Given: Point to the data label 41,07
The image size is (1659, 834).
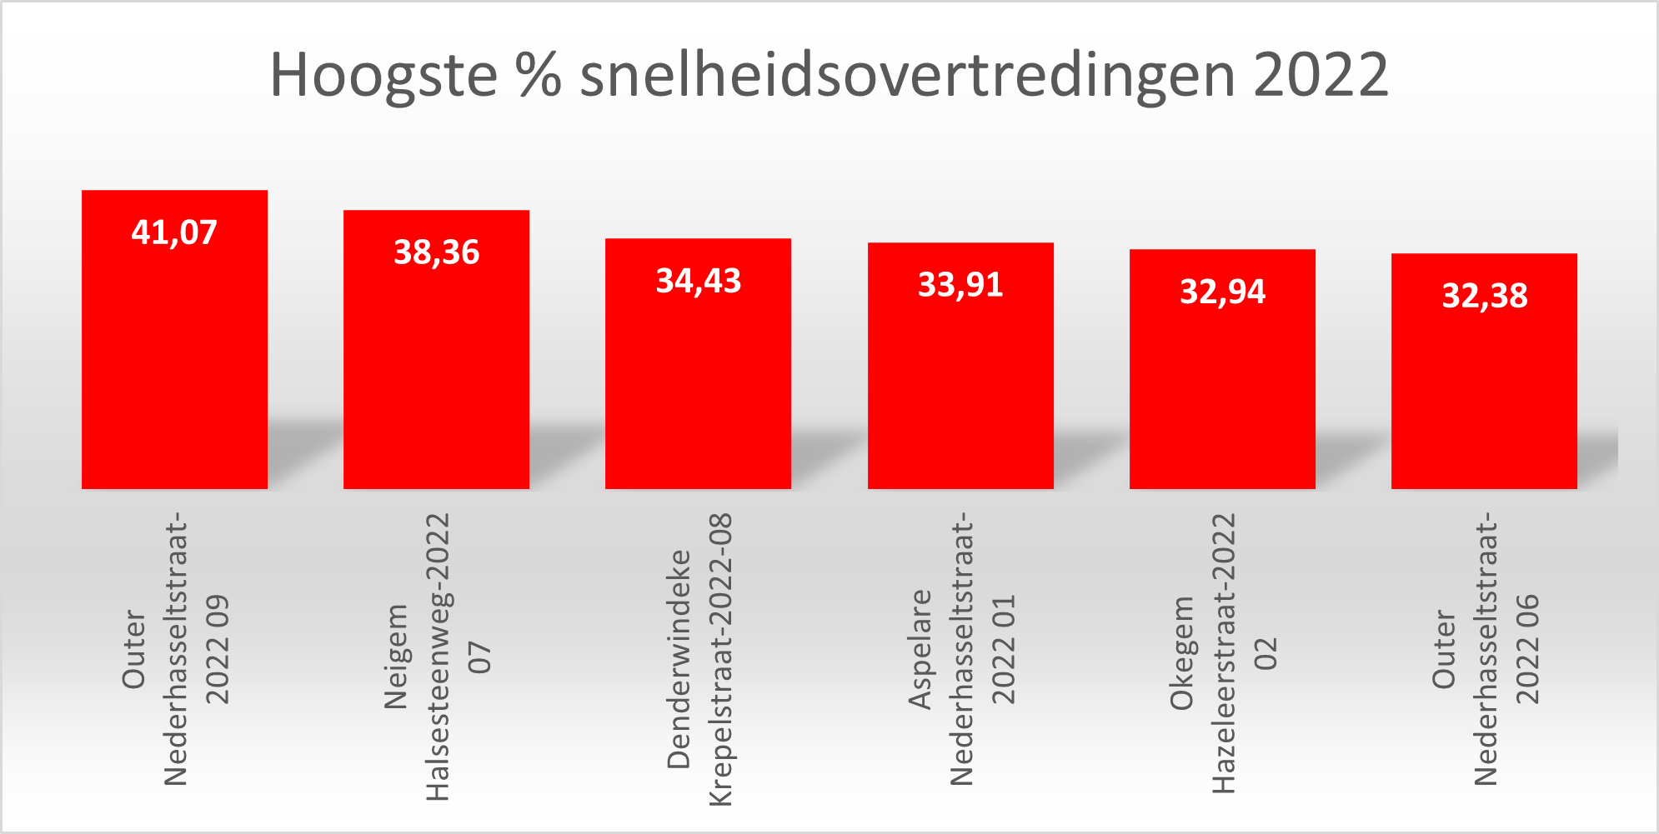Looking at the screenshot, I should (x=174, y=232).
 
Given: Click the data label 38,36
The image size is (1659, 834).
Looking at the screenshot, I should (x=436, y=252).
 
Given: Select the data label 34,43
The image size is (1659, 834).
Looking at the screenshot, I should (x=698, y=281).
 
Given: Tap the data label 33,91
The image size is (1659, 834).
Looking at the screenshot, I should (x=960, y=285).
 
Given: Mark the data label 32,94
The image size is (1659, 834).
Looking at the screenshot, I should (x=1222, y=292).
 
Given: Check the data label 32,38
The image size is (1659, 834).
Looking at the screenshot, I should (x=1484, y=296).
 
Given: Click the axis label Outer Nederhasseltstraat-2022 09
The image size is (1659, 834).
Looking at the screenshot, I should (x=175, y=650).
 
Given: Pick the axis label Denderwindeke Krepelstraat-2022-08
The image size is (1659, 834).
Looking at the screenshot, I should (x=699, y=658).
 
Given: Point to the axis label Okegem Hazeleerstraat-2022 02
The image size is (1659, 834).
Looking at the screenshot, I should (x=1223, y=654).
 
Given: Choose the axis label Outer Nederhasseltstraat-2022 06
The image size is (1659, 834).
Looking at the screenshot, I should (x=1485, y=650).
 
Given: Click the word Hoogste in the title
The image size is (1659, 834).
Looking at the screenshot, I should (x=383, y=75).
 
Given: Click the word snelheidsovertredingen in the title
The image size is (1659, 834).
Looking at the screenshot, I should (x=907, y=75).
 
